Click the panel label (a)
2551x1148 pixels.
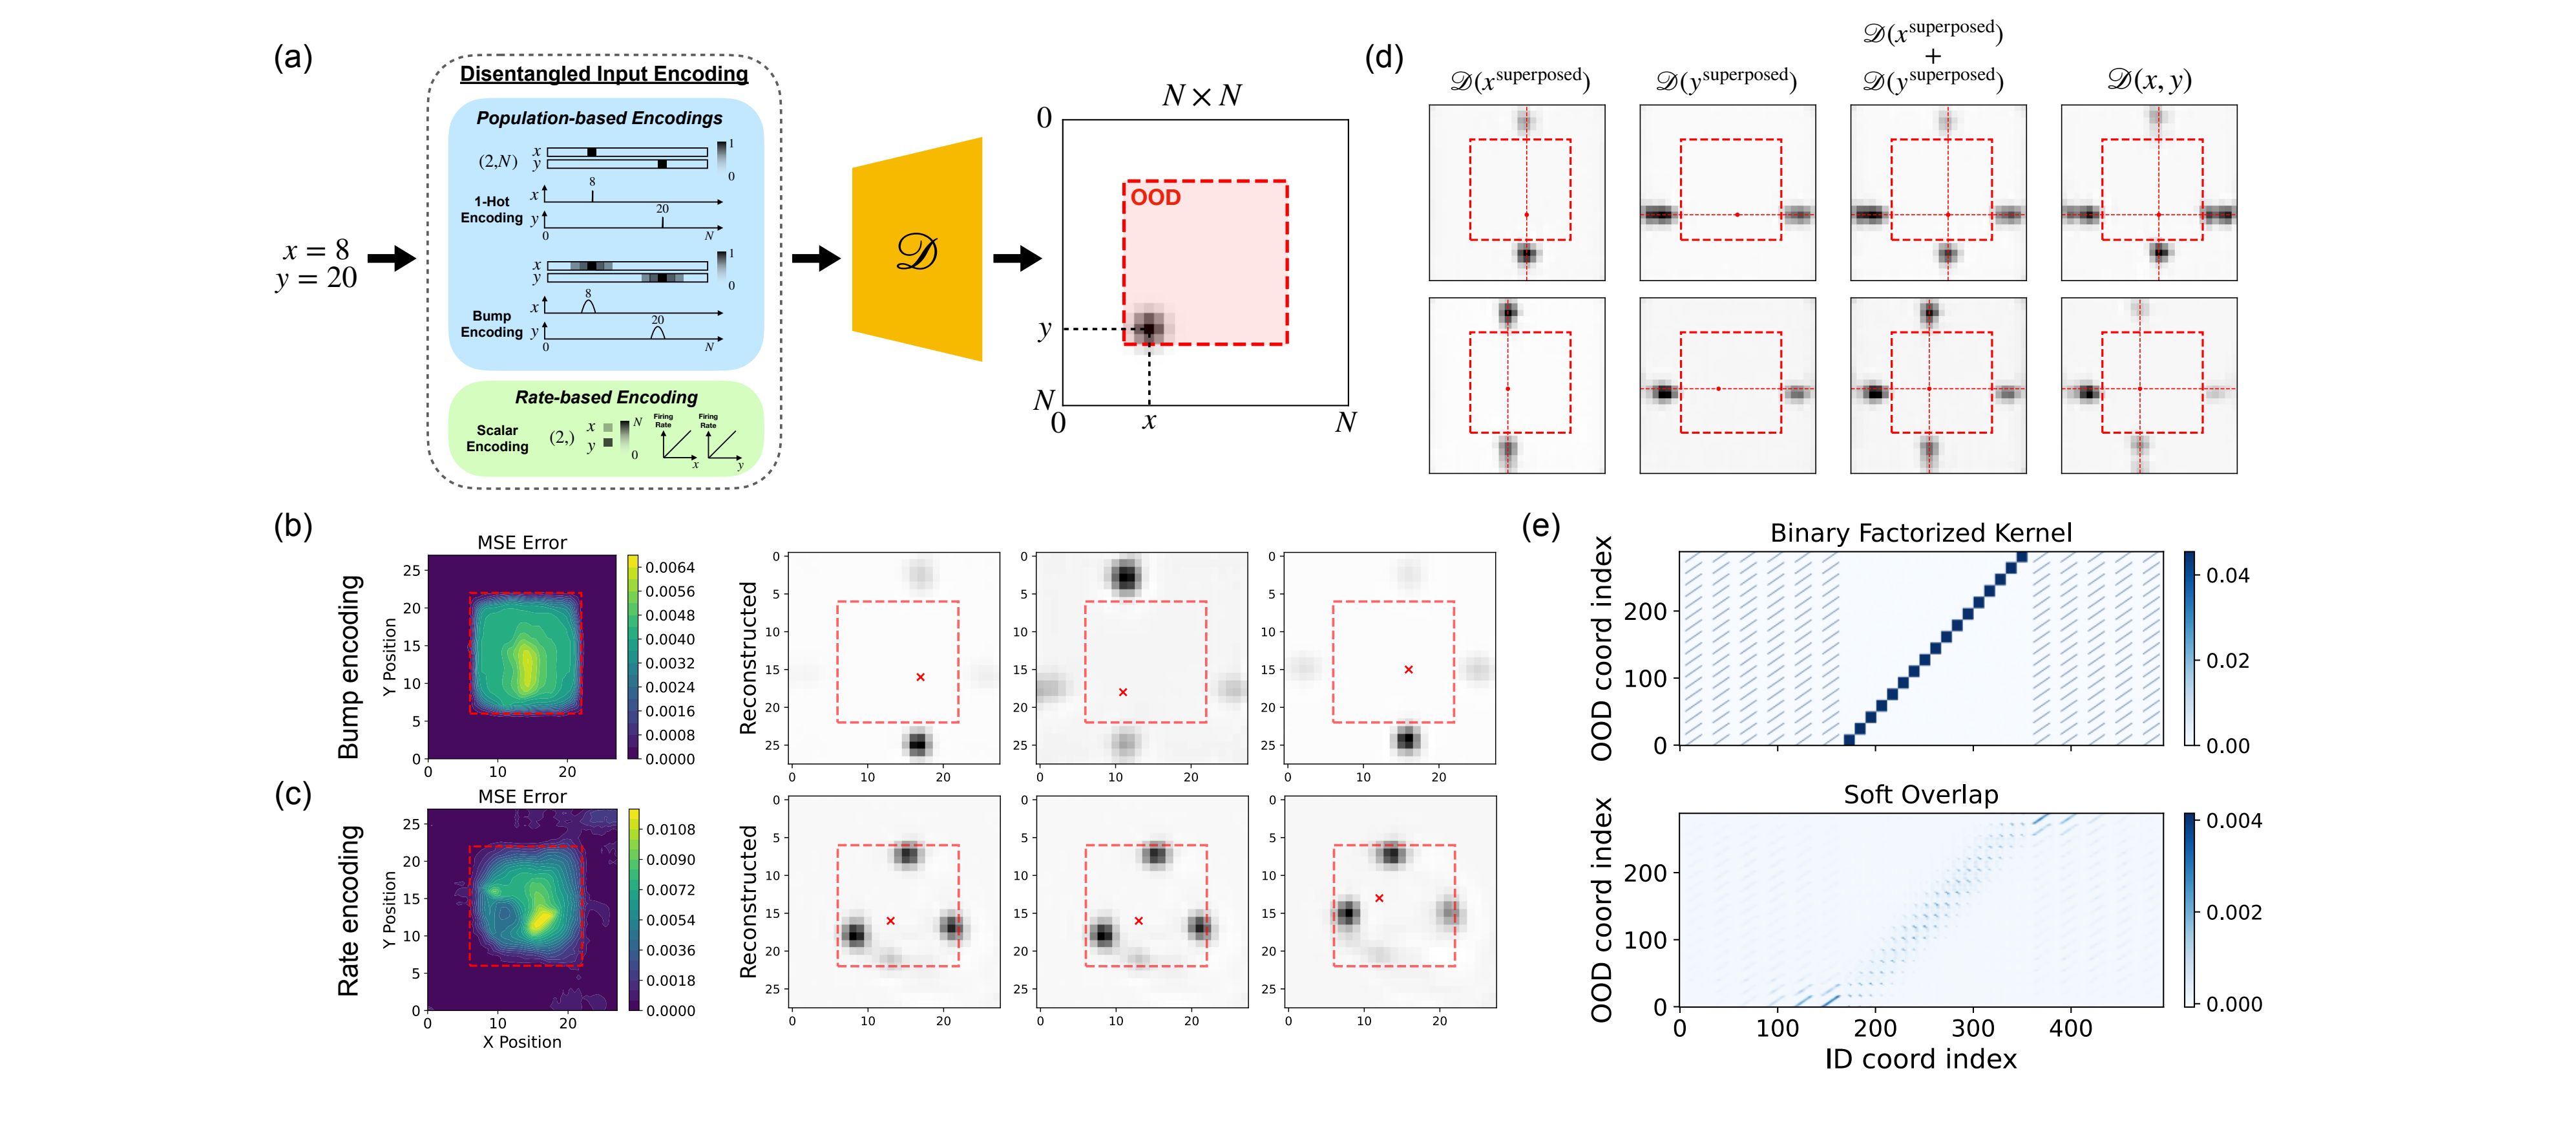point(293,58)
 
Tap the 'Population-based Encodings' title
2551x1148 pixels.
point(599,118)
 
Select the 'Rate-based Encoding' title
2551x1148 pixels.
point(606,397)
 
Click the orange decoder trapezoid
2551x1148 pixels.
point(917,250)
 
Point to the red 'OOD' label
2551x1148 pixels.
point(1156,198)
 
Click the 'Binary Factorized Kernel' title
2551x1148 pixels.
point(1920,533)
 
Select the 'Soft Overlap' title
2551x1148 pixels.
point(1920,794)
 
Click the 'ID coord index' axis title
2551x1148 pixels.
point(1920,1059)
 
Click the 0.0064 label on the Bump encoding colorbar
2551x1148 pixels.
point(671,568)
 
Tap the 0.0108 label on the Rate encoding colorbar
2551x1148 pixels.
point(671,829)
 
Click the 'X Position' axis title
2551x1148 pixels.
point(522,1042)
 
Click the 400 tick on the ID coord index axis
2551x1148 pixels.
point(2071,1028)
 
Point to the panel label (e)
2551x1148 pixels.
point(1541,526)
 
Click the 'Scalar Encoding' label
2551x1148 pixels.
point(497,438)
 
